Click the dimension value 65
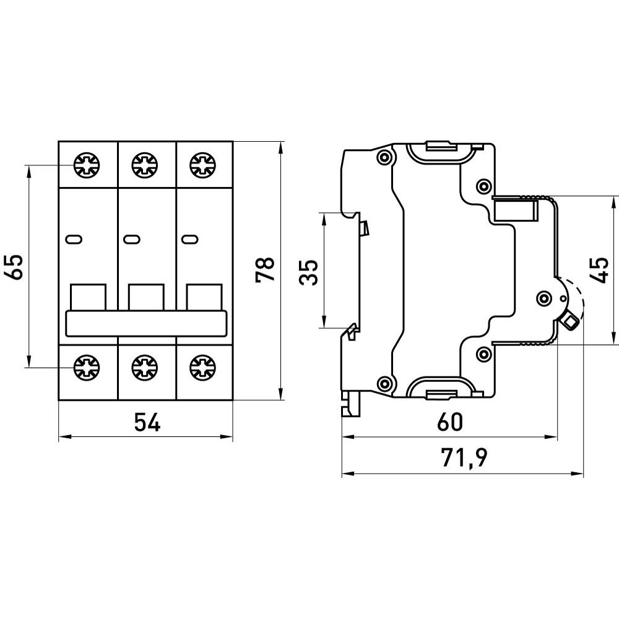pyautogui.click(x=17, y=267)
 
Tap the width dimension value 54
pyautogui.click(x=147, y=423)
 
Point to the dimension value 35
pyautogui.click(x=309, y=271)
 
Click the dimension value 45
pyautogui.click(x=600, y=271)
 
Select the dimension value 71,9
pyautogui.click(x=464, y=459)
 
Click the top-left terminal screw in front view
pyautogui.click(x=85, y=165)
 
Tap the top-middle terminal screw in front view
pyautogui.click(x=144, y=165)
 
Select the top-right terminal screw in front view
pyautogui.click(x=202, y=165)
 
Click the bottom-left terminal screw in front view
pyautogui.click(x=85, y=367)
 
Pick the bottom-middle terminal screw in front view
pyautogui.click(x=144, y=367)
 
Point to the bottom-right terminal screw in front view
pyautogui.click(x=202, y=367)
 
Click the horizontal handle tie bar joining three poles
pyautogui.click(x=146, y=323)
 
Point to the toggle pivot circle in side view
pyautogui.click(x=544, y=299)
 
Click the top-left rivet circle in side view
pyautogui.click(x=385, y=157)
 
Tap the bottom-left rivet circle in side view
pyautogui.click(x=385, y=383)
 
